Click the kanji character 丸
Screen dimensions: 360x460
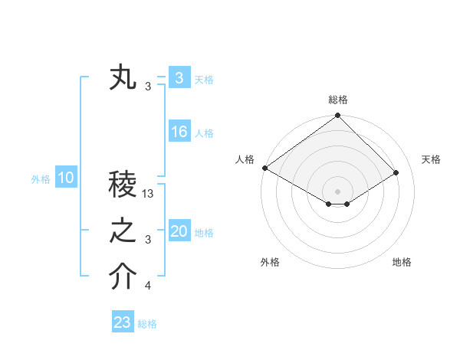pos(123,79)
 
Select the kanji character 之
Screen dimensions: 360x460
pos(123,232)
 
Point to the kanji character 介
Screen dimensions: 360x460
pos(123,278)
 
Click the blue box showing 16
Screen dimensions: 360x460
pos(179,132)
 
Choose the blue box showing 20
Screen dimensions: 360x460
pos(179,231)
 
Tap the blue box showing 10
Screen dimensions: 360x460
pos(66,178)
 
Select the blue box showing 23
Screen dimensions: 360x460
pos(123,322)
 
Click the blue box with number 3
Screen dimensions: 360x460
pos(179,78)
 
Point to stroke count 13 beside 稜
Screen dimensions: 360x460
pos(149,194)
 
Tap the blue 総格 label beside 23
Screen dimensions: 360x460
pos(147,324)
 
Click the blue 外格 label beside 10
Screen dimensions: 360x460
pos(41,179)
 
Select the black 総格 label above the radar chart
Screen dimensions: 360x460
pos(338,100)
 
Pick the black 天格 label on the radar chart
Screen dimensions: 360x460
pos(431,159)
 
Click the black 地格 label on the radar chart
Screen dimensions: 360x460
pos(402,262)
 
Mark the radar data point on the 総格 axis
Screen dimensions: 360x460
pos(338,116)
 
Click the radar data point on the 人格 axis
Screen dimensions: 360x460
pos(264,168)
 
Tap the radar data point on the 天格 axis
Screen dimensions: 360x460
pos(396,172)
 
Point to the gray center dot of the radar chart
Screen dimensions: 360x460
pos(338,191)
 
